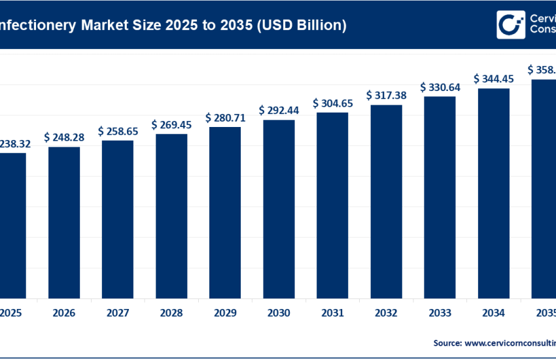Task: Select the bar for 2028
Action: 171,215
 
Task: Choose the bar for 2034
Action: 493,192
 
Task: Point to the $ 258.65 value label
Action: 118,132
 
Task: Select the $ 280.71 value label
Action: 225,118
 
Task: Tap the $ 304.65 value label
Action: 332,103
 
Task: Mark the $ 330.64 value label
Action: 440,87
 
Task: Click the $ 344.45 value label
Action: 493,79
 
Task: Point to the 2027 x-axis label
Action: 118,314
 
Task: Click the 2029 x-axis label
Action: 225,314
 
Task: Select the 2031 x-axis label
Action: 332,314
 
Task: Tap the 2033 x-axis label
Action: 440,314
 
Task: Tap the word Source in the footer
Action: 448,342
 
